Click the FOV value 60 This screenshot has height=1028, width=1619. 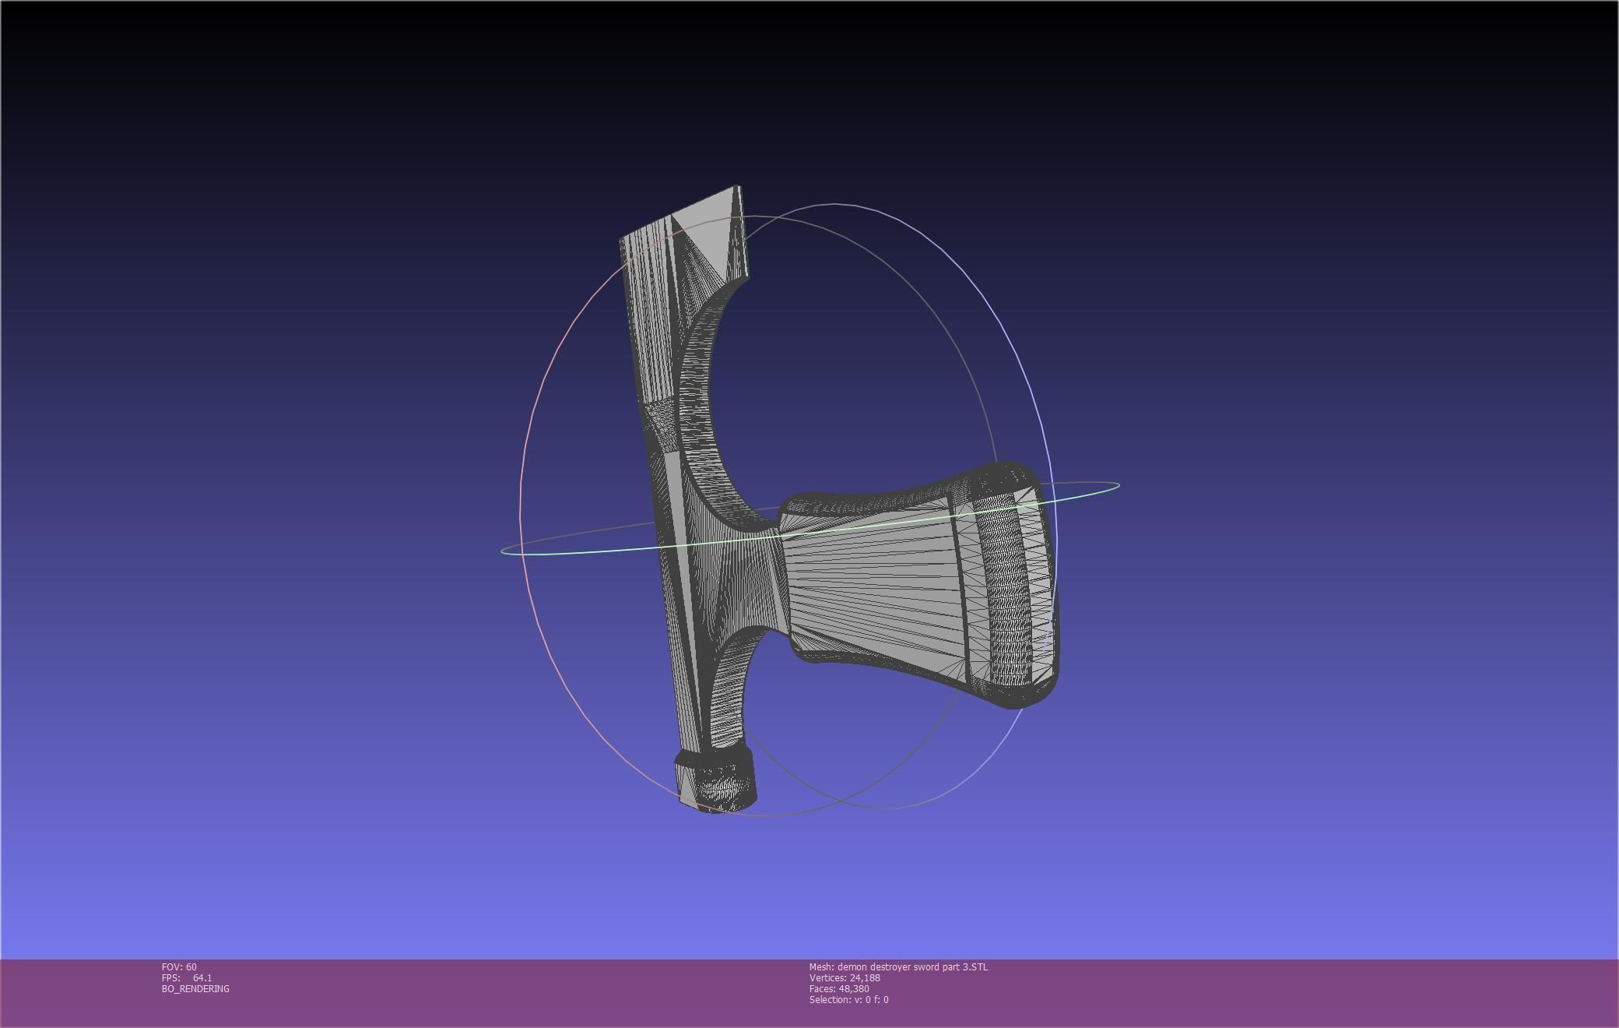[191, 967]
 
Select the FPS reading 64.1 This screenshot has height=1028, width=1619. [202, 978]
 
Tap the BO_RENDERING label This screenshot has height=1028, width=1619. [195, 989]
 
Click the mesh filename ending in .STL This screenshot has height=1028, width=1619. [912, 967]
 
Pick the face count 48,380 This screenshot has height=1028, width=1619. [854, 989]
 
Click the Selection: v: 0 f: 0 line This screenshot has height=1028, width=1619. [848, 1000]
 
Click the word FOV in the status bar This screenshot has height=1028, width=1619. [171, 967]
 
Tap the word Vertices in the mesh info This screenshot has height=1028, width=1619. [827, 978]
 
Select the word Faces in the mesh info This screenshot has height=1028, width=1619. [822, 989]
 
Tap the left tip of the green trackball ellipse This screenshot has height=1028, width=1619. [504, 551]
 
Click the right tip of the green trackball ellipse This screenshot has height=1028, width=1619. [1118, 486]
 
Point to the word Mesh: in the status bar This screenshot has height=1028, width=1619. [821, 967]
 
